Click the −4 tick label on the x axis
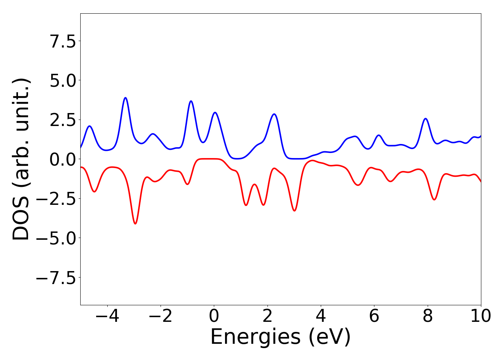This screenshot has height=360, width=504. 107,316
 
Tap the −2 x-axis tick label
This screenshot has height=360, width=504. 161,316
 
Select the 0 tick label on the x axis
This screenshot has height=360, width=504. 214,316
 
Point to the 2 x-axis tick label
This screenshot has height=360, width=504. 267,316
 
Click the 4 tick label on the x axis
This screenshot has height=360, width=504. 321,316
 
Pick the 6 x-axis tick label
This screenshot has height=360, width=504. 374,316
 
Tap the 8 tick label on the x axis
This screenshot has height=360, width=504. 428,316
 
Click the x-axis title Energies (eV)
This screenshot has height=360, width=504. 280,337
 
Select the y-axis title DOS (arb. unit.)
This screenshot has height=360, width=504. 22,159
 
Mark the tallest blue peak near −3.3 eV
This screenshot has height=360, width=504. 125,98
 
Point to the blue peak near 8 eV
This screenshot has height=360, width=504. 426,118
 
